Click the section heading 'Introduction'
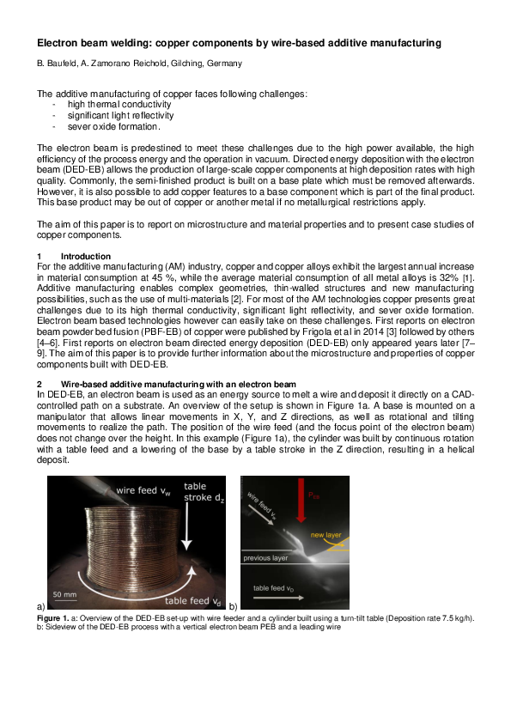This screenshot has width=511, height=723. pyautogui.click(x=86, y=256)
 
